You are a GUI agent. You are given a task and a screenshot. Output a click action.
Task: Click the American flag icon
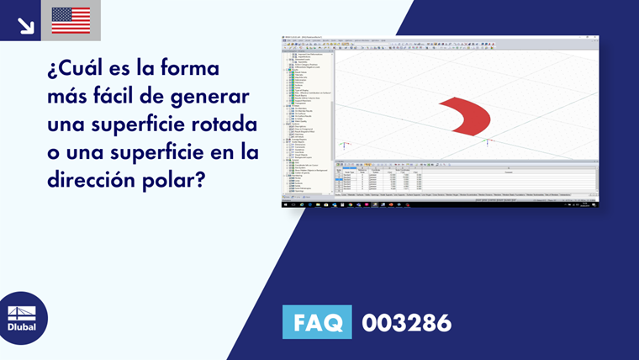click(71, 20)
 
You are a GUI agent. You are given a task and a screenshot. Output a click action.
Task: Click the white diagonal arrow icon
click(25, 25)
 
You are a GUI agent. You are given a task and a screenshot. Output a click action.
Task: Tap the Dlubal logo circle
click(23, 319)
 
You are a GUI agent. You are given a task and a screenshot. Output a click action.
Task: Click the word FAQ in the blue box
click(319, 322)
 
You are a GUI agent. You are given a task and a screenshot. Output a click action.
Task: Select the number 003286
click(406, 322)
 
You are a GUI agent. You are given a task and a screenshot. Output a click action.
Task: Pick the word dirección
click(95, 184)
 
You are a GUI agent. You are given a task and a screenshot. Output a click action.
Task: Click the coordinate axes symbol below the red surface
click(488, 142)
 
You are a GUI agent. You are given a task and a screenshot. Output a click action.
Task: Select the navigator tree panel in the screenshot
click(307, 118)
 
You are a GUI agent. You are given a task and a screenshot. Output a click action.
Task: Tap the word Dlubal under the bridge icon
click(23, 327)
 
